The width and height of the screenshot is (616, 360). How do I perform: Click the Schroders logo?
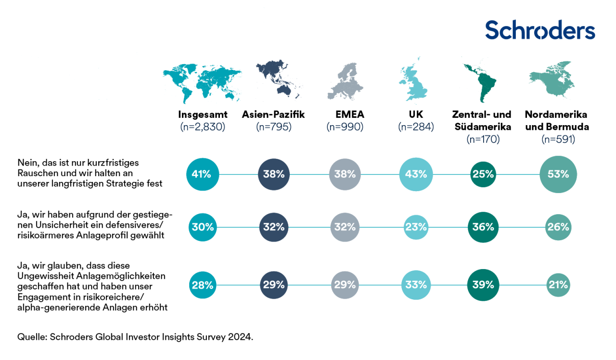[540, 30]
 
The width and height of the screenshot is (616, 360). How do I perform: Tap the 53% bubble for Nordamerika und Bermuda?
[558, 174]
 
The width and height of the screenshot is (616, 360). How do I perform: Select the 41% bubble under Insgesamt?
[203, 174]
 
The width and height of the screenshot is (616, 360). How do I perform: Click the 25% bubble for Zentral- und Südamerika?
[483, 174]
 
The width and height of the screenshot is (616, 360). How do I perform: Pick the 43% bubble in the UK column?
[416, 174]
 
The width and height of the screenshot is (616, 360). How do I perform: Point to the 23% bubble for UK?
[416, 227]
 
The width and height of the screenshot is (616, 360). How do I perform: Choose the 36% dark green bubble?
[483, 227]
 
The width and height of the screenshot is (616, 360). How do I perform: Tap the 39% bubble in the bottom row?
[483, 285]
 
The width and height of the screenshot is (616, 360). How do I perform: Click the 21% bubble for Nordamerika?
[558, 285]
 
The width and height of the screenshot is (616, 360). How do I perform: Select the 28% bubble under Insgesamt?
[203, 285]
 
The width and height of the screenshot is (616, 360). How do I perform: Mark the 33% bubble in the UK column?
[416, 285]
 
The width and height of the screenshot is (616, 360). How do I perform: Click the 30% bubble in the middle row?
[203, 227]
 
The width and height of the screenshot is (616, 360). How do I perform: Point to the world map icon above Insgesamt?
[202, 82]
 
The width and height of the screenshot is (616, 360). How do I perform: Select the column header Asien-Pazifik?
[273, 115]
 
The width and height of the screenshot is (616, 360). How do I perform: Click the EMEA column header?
[350, 115]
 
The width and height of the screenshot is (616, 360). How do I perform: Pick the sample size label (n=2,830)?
[203, 127]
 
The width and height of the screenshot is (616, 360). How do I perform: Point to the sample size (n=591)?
[558, 139]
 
